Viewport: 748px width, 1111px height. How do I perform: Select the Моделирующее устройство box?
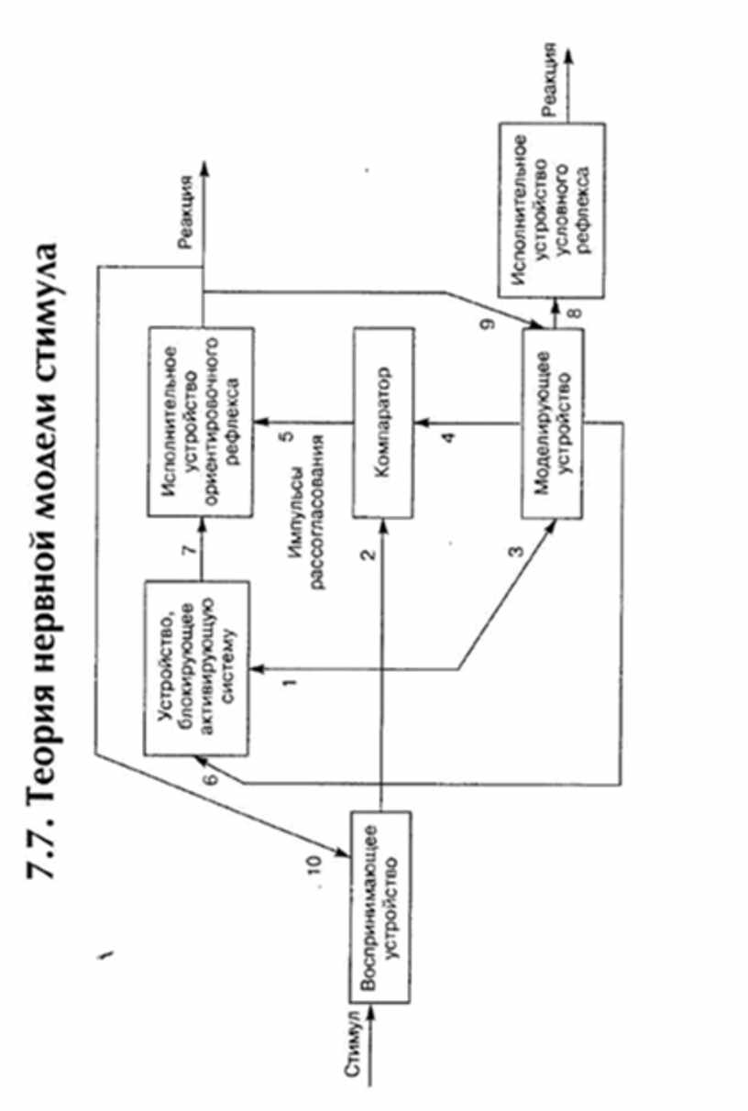(x=553, y=423)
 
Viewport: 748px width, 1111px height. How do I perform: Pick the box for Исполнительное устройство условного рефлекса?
(x=551, y=209)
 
